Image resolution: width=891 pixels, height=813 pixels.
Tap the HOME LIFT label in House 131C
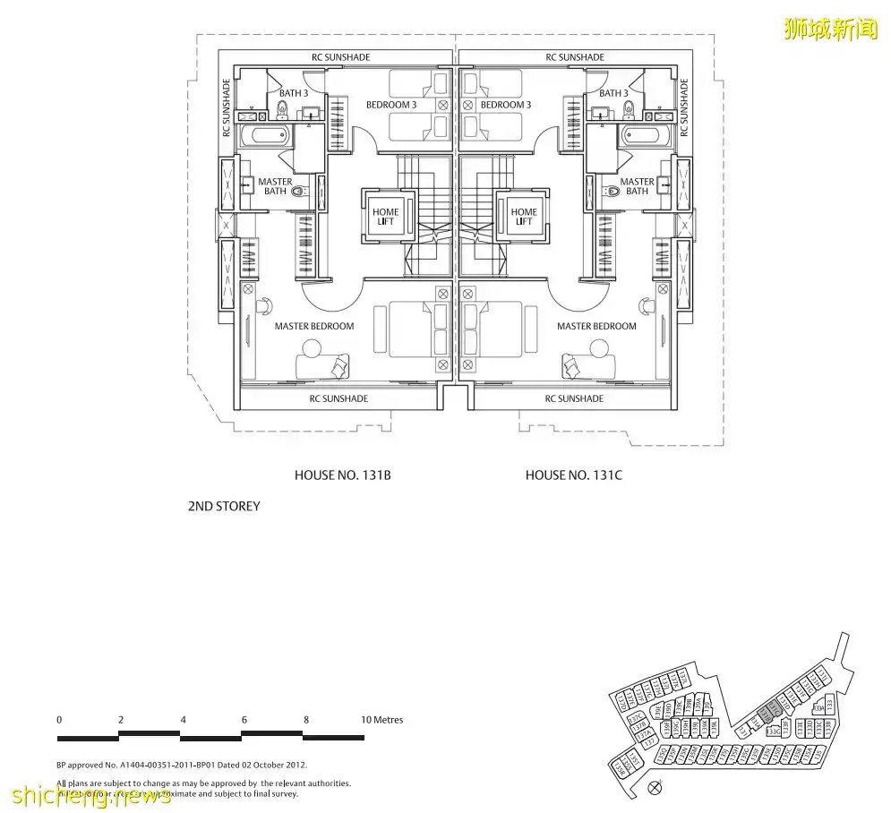524,217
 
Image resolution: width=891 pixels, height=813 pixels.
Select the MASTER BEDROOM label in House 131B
313,327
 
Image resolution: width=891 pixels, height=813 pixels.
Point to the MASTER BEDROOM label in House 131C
596,327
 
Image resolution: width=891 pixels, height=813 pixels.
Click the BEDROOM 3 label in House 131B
391,105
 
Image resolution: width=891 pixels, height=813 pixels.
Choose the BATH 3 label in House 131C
613,93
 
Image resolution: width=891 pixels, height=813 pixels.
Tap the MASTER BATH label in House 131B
275,186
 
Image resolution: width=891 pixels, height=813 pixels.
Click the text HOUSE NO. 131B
342,475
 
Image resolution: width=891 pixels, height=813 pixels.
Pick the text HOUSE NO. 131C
573,475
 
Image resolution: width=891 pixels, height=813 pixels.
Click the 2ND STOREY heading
224,507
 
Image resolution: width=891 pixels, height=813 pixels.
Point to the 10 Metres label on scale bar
382,720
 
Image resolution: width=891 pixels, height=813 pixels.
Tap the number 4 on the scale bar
182,720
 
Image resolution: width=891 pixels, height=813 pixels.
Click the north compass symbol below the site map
654,788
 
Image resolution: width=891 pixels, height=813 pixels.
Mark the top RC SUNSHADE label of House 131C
575,57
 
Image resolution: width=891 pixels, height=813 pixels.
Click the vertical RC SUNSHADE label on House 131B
227,107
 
